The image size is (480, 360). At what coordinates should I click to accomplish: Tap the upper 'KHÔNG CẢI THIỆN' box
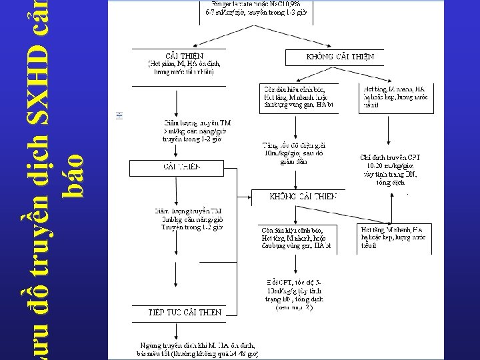(x=340, y=57)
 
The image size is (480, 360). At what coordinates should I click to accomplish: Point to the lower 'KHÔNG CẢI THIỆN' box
(x=303, y=197)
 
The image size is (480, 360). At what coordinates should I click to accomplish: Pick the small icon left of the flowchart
(x=120, y=115)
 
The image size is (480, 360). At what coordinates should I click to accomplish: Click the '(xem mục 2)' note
(x=293, y=307)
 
